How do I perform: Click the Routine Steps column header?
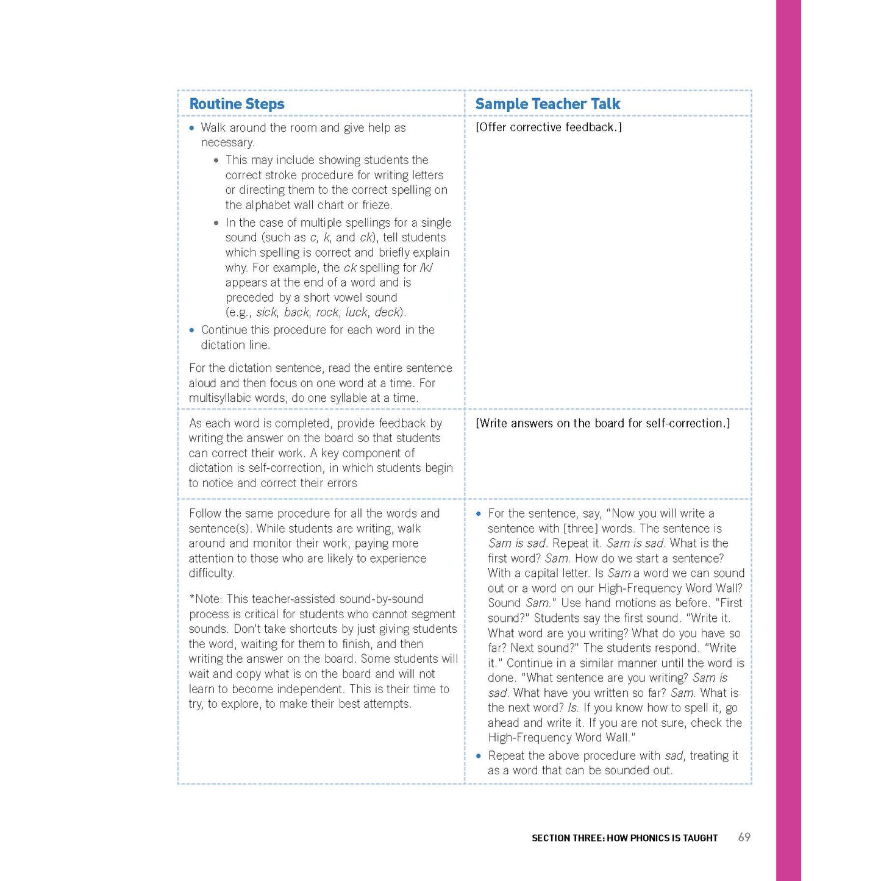point(237,104)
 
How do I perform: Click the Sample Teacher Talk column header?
point(547,104)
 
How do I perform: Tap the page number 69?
point(744,837)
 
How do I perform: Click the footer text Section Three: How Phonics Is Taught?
point(624,838)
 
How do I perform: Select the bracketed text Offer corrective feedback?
point(548,127)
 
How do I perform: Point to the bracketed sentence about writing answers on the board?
point(602,423)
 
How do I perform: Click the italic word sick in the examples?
point(266,313)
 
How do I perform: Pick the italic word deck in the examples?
point(387,313)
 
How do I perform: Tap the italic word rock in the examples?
point(327,313)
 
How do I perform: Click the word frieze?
point(376,205)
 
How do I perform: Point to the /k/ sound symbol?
point(426,268)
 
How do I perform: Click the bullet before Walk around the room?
point(192,128)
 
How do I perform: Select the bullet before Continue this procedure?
point(192,330)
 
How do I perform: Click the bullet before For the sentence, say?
point(479,514)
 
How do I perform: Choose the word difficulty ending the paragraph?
point(211,573)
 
